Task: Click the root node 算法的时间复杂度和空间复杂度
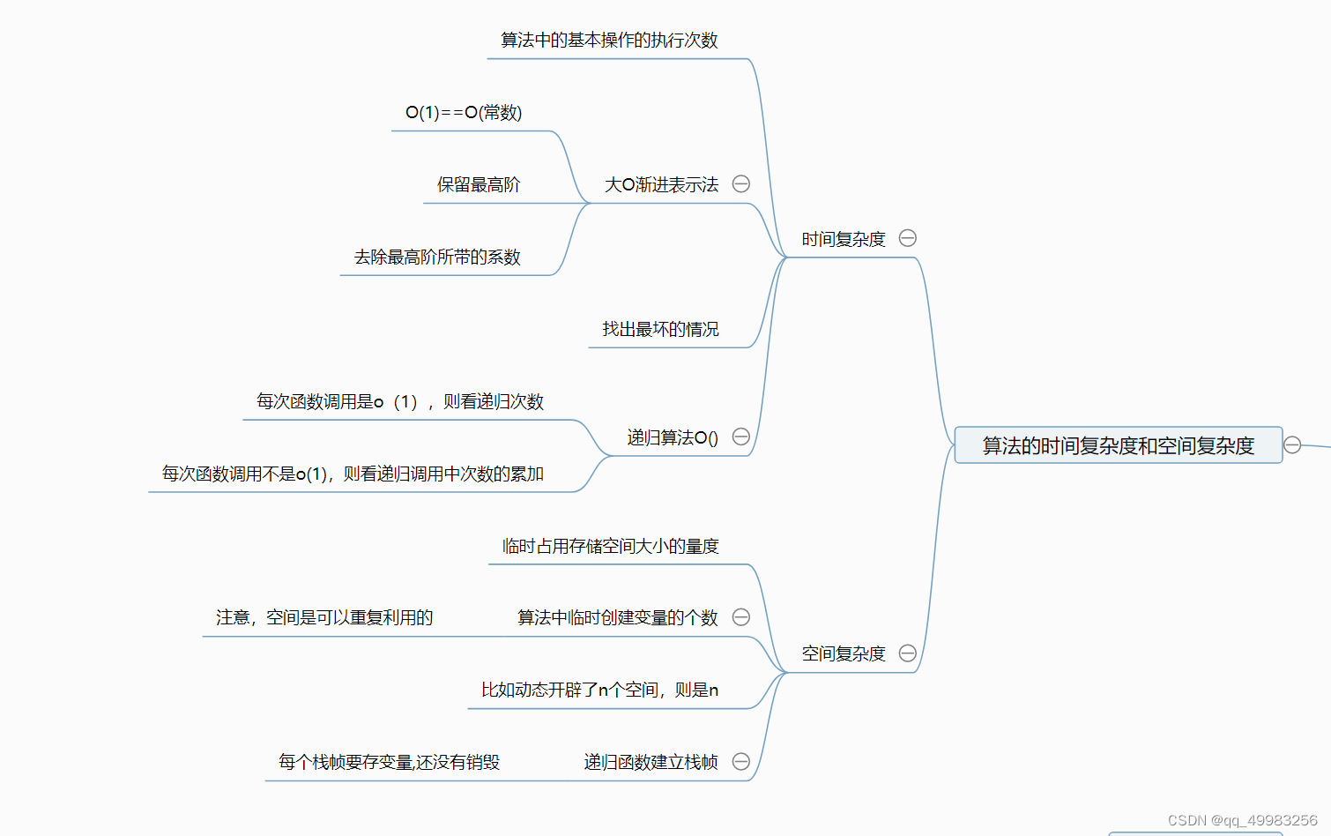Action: (x=1118, y=445)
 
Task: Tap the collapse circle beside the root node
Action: (x=1292, y=444)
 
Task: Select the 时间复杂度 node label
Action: (x=843, y=239)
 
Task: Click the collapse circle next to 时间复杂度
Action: (x=907, y=238)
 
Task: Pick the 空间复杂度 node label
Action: (x=843, y=653)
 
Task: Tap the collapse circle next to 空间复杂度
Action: (x=907, y=653)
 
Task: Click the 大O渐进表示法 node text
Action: (x=661, y=184)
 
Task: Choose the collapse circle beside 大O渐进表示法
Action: (x=741, y=183)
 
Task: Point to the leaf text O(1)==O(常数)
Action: (x=464, y=112)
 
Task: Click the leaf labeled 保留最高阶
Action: (x=479, y=184)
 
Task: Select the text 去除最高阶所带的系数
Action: (x=437, y=257)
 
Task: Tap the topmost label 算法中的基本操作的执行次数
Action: (x=609, y=40)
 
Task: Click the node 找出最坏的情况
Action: (x=660, y=329)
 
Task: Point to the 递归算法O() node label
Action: (x=673, y=437)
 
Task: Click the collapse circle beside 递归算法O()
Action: (x=741, y=437)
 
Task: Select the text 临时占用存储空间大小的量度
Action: (x=610, y=546)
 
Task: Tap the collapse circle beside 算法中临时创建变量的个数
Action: (x=741, y=616)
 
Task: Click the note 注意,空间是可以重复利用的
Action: (x=324, y=617)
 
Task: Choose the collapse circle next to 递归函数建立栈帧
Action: (x=741, y=761)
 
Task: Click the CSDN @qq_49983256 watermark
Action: (x=1242, y=820)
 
